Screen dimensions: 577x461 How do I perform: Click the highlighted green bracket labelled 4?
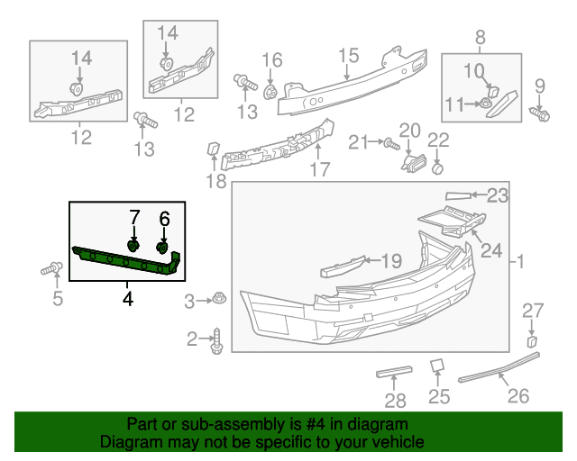pyautogui.click(x=125, y=260)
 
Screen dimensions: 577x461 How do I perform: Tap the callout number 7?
pyautogui.click(x=134, y=217)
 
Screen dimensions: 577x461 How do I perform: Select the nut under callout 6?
pyautogui.click(x=162, y=248)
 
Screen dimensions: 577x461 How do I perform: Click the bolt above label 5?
pyautogui.click(x=51, y=268)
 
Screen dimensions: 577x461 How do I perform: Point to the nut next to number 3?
pyautogui.click(x=219, y=297)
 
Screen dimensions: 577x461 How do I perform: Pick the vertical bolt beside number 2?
pyautogui.click(x=216, y=341)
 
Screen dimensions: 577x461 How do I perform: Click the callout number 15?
pyautogui.click(x=348, y=56)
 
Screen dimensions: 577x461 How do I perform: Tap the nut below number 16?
pyautogui.click(x=270, y=92)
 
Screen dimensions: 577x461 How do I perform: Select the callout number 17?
pyautogui.click(x=320, y=169)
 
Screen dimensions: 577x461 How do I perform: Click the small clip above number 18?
pyautogui.click(x=214, y=149)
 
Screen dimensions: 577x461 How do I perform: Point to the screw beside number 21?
pyautogui.click(x=391, y=144)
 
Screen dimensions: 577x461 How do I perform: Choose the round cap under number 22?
pyautogui.click(x=437, y=169)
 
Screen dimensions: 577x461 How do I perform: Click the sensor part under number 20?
pyautogui.click(x=413, y=163)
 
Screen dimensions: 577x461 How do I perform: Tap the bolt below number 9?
pyautogui.click(x=539, y=113)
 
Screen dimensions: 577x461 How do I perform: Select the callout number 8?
pyautogui.click(x=481, y=37)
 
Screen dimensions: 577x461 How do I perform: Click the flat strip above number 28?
pyautogui.click(x=394, y=372)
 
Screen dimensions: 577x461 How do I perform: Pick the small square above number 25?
pyautogui.click(x=437, y=366)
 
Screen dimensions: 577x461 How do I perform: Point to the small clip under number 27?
pyautogui.click(x=532, y=341)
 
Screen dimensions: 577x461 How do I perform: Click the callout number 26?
pyautogui.click(x=518, y=396)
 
